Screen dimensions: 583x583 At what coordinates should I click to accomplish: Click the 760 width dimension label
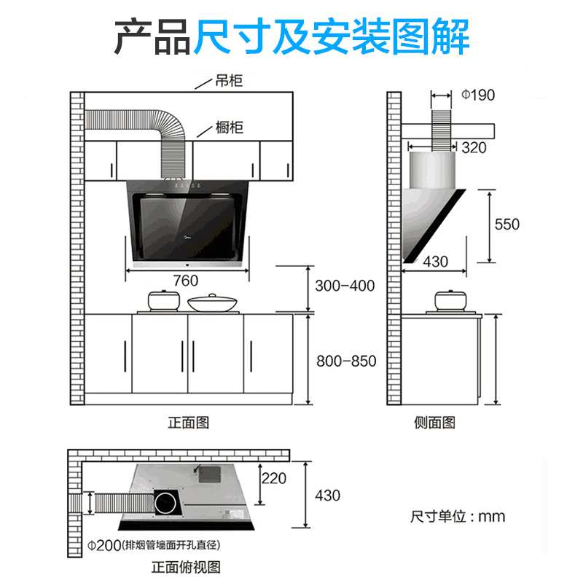[186, 281]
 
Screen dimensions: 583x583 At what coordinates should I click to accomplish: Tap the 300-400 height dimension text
[345, 286]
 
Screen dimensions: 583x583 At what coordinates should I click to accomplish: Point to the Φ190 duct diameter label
[478, 95]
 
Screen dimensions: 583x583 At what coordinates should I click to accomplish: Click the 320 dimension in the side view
[474, 148]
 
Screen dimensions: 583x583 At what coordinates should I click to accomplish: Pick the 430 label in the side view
[436, 262]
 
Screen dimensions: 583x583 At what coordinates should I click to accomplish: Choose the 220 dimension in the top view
[273, 479]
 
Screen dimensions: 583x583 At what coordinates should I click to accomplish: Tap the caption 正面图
[189, 423]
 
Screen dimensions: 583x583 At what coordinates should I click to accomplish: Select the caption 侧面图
[435, 423]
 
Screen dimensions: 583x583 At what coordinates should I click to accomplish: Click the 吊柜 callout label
[229, 81]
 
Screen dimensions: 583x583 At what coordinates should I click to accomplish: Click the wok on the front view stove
[212, 302]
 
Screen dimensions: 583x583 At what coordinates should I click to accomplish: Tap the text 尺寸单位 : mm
[458, 516]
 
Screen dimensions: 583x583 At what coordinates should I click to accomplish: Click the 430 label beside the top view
[327, 496]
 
